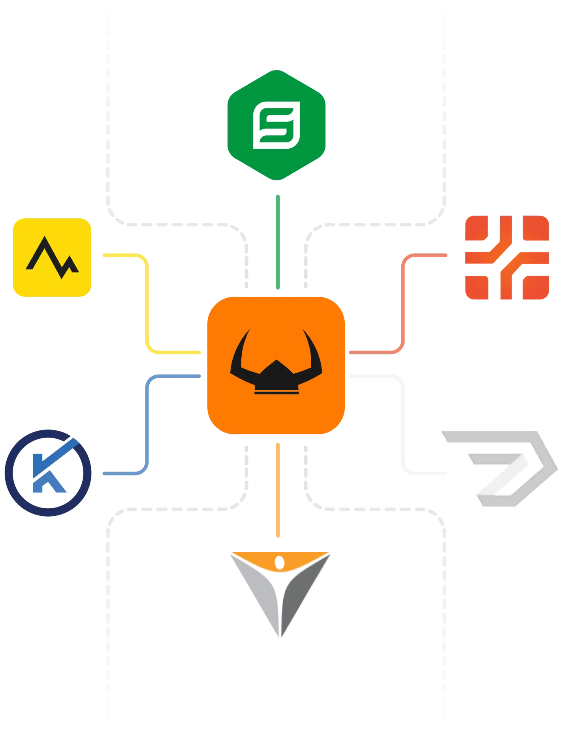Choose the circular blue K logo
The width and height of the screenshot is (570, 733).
(x=49, y=473)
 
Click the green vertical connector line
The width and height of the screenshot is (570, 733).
(x=278, y=241)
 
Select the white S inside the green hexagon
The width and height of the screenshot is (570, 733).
(x=277, y=125)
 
